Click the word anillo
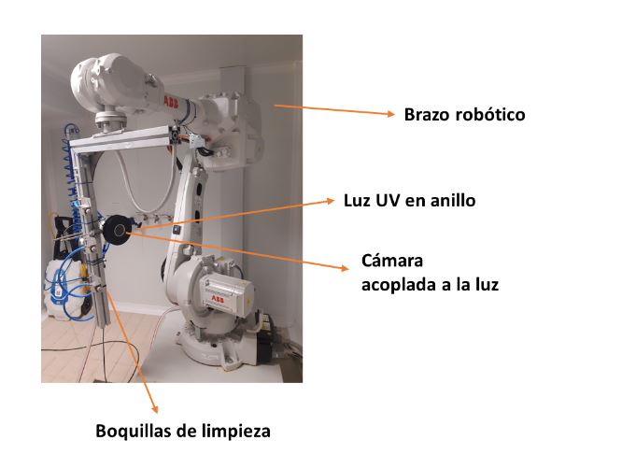[x=453, y=201]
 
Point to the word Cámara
[x=392, y=261]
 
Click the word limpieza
[x=236, y=432]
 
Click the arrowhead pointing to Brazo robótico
[x=391, y=114]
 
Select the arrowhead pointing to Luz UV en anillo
[x=331, y=201]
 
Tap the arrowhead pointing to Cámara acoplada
[x=344, y=268]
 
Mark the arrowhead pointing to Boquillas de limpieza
[x=155, y=409]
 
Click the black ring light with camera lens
[x=117, y=231]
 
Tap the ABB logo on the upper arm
[x=171, y=103]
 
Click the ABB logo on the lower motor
[x=217, y=299]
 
